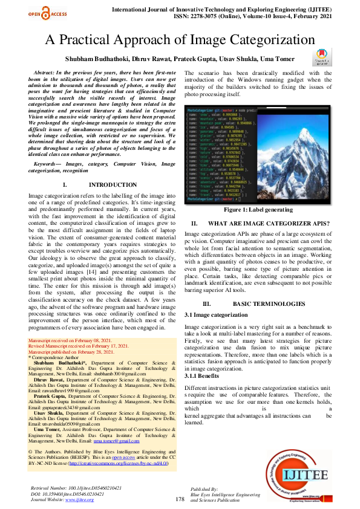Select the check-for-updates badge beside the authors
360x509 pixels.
point(320,58)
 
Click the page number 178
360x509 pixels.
point(180,499)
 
